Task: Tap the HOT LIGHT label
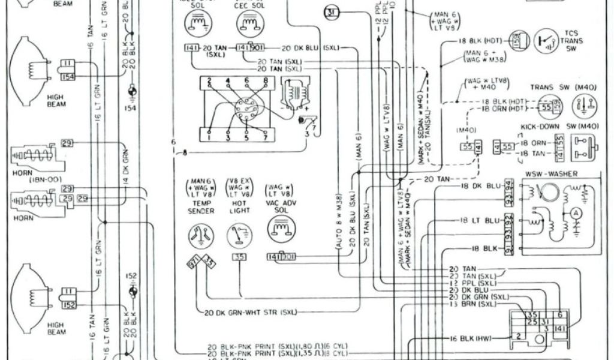(x=239, y=207)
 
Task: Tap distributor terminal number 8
(x=265, y=80)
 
